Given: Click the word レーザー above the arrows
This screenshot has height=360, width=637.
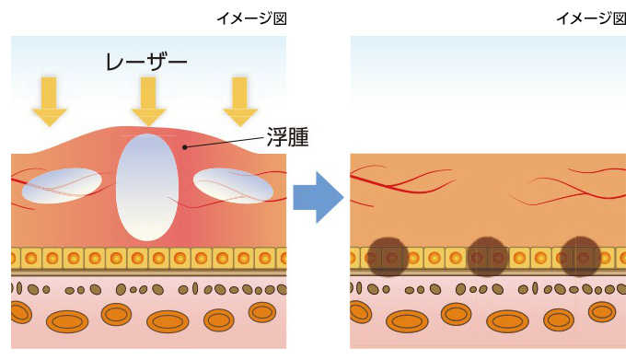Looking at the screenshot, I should click(147, 62).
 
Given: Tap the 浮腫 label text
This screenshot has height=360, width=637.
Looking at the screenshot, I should click(287, 138).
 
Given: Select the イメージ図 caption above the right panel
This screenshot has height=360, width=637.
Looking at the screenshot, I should click(597, 18).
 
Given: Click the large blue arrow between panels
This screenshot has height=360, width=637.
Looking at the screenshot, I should click(318, 196).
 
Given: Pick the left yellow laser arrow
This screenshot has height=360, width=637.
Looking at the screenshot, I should click(50, 101).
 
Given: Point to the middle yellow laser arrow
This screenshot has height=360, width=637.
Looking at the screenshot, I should click(148, 101).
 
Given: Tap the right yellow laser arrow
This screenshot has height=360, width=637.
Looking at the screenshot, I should click(240, 101).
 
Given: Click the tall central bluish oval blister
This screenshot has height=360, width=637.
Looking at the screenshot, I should click(147, 187).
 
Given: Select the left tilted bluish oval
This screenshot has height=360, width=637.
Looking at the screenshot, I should click(62, 185).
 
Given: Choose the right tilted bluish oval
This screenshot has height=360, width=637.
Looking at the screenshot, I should click(233, 185).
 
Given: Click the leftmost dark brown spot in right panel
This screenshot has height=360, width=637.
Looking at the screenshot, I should click(388, 257).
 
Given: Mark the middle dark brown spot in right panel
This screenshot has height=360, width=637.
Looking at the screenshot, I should click(487, 257).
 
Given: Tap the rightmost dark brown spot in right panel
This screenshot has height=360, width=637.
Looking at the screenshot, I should click(581, 257).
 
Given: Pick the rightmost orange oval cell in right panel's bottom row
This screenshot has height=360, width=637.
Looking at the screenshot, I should click(602, 312).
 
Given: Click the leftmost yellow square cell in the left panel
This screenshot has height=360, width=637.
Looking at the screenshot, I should click(17, 258).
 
